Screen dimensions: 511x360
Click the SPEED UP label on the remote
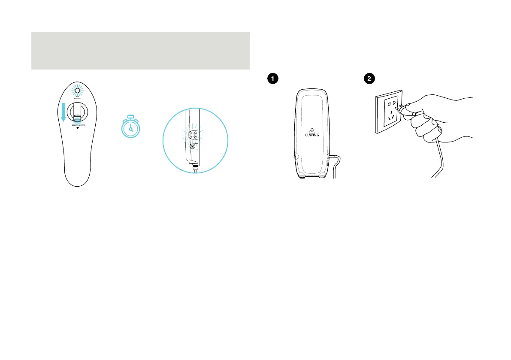pyautogui.click(x=78, y=99)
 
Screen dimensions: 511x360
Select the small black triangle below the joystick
pyautogui.click(x=78, y=128)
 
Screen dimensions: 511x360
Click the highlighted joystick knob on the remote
pyautogui.click(x=78, y=118)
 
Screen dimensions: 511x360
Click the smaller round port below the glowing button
pyautogui.click(x=192, y=146)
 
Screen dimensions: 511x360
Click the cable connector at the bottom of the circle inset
pyautogui.click(x=195, y=166)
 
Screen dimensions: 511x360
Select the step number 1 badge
pyautogui.click(x=272, y=79)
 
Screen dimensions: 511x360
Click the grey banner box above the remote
pyautogui.click(x=141, y=50)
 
